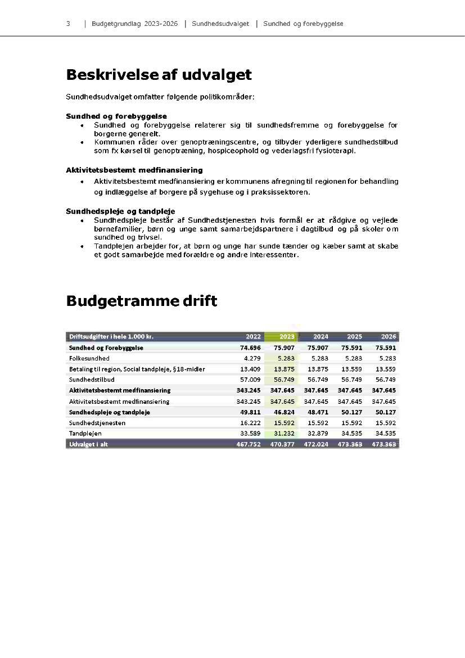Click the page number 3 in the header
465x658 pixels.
[68, 24]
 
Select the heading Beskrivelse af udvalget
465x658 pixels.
[159, 75]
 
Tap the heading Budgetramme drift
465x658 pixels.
[141, 301]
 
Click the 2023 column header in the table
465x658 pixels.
[287, 337]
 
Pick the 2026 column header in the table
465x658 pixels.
[389, 337]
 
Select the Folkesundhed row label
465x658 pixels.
[89, 358]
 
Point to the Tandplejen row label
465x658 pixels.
[85, 434]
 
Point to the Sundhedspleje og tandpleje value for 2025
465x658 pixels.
[351, 412]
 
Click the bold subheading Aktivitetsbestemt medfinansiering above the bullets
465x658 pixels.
[134, 170]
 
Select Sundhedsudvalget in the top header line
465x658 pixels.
[220, 24]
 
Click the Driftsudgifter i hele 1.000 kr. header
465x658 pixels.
[111, 337]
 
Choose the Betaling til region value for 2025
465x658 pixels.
[351, 369]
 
